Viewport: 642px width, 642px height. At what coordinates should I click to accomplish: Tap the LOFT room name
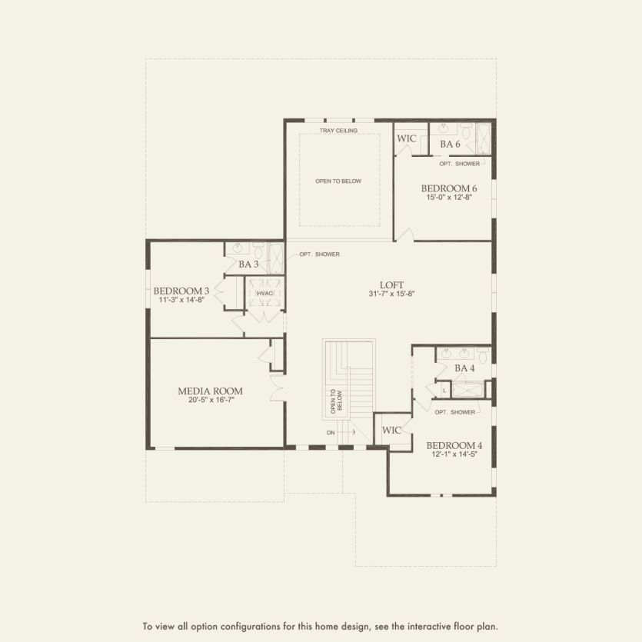point(391,284)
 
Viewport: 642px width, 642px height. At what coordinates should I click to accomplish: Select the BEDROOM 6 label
point(449,188)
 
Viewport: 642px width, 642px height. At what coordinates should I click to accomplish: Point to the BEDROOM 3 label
point(181,291)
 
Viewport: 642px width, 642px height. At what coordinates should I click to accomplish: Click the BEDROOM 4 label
point(454,445)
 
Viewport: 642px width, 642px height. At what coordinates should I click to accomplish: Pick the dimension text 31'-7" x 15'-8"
point(391,294)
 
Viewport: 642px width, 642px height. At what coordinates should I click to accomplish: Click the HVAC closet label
point(264,293)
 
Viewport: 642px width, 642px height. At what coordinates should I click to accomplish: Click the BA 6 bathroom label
point(450,144)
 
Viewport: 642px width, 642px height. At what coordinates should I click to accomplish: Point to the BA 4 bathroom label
point(464,368)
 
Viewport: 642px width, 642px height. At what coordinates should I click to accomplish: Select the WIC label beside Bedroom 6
point(406,138)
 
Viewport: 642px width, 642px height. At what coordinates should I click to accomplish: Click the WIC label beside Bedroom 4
point(391,431)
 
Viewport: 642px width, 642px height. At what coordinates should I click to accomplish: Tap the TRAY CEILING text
point(338,131)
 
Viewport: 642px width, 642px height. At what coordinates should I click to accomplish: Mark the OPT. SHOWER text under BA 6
point(459,164)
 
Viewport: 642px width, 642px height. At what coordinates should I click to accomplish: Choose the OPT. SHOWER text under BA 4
point(454,412)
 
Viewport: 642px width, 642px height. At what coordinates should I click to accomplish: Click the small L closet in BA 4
point(444,390)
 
